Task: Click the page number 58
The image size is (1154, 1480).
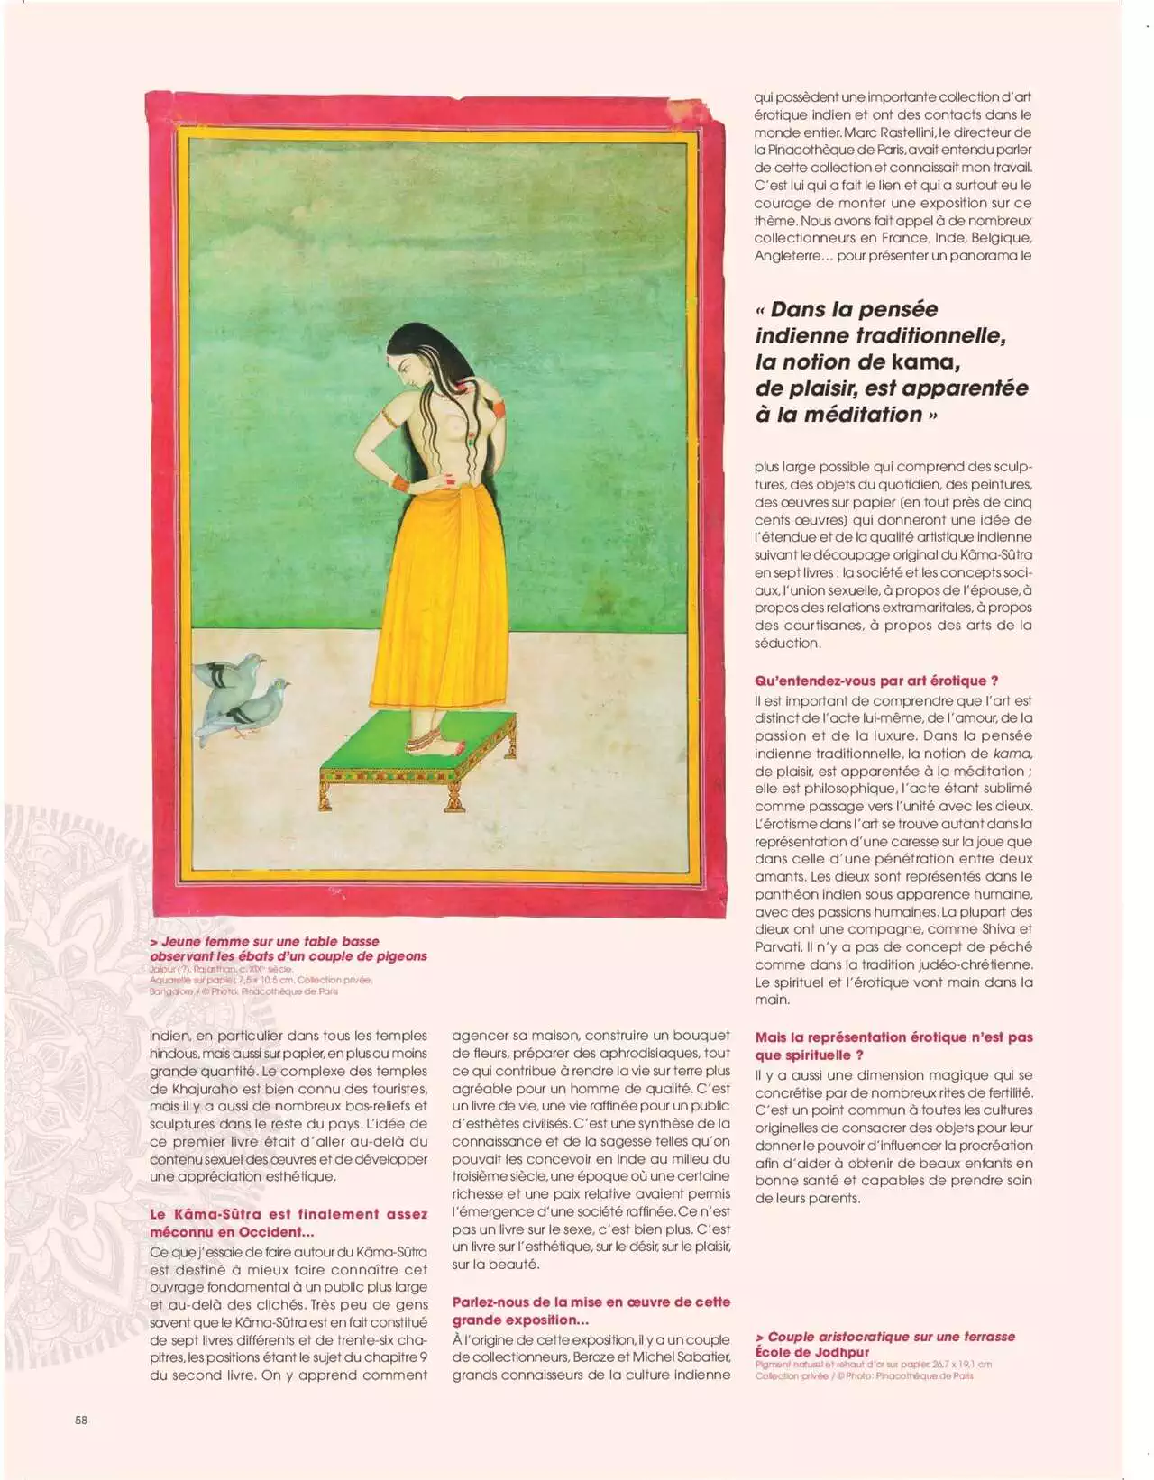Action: click(81, 1420)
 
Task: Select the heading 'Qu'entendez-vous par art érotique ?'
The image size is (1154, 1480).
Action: click(876, 681)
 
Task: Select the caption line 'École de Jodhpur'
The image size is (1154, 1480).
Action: click(812, 1351)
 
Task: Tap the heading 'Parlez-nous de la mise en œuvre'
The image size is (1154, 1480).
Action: click(591, 1302)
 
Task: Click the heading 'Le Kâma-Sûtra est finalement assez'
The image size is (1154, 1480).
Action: click(288, 1214)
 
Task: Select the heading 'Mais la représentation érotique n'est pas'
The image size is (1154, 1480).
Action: click(893, 1037)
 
